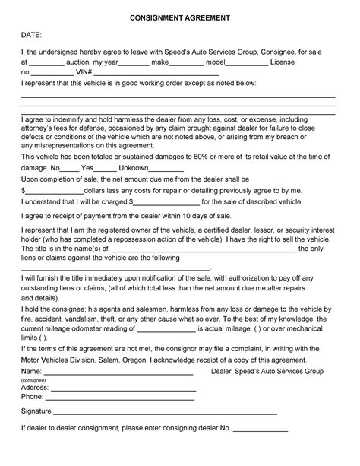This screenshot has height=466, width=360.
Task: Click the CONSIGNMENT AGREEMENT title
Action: coord(179,16)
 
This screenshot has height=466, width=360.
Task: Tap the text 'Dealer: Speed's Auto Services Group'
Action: coord(267,370)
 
